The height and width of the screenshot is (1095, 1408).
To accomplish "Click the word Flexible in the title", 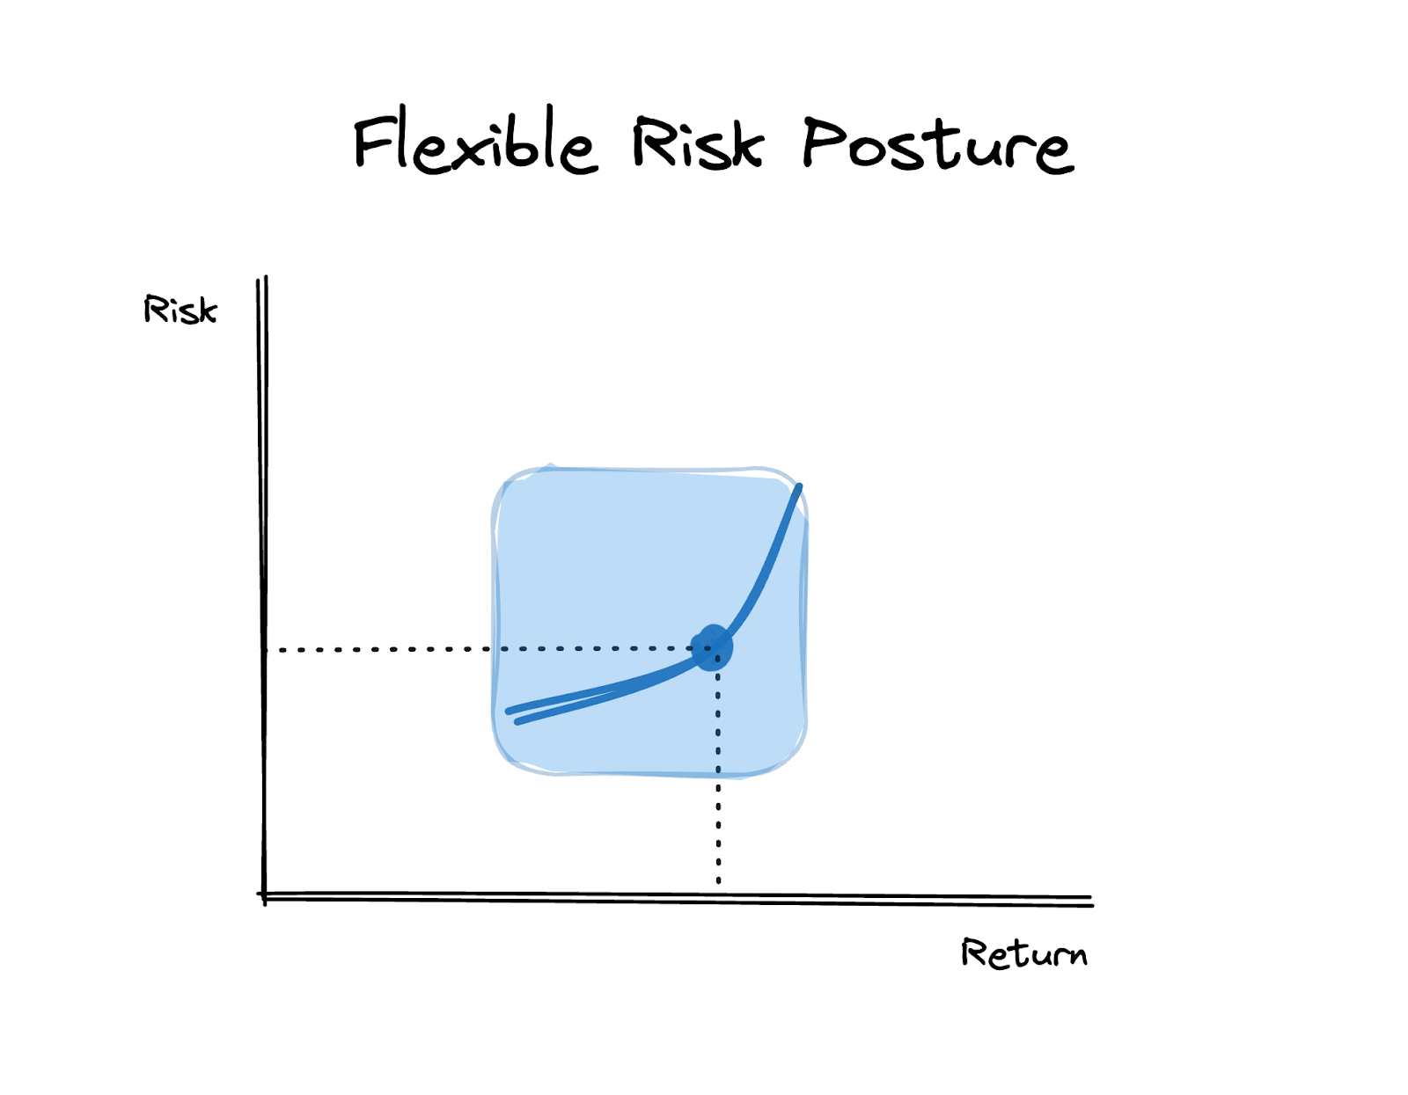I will point(475,142).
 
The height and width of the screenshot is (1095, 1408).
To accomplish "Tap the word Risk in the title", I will point(698,142).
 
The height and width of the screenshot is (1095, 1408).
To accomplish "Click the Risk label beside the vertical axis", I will point(180,310).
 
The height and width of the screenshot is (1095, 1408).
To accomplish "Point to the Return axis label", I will point(1023,953).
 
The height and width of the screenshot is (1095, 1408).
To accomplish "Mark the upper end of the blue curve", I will point(799,486).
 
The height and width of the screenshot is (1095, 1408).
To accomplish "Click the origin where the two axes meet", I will point(264,896).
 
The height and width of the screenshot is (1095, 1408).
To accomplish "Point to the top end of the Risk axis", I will point(261,281).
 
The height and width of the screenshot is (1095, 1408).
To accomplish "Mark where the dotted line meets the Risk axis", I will point(264,650).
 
